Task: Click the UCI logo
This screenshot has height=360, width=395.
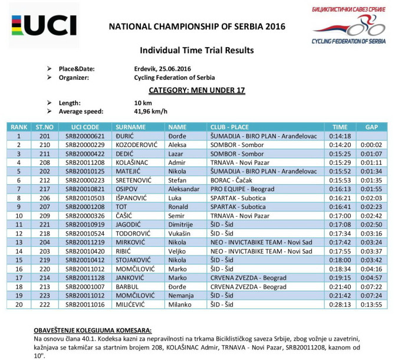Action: point(44,24)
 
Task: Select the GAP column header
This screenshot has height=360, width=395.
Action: point(371,127)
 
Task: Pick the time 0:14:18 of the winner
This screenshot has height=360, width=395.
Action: point(340,136)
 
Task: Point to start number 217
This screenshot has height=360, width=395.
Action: point(43,189)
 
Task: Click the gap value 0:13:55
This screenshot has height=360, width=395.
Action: point(371,305)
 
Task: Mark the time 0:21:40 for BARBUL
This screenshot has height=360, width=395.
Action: point(340,287)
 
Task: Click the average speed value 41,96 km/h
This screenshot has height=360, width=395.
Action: point(151,111)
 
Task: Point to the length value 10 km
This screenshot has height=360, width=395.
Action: point(143,103)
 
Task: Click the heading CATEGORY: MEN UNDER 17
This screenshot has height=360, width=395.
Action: point(197,90)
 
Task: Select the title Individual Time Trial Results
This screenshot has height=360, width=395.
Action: point(197,50)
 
